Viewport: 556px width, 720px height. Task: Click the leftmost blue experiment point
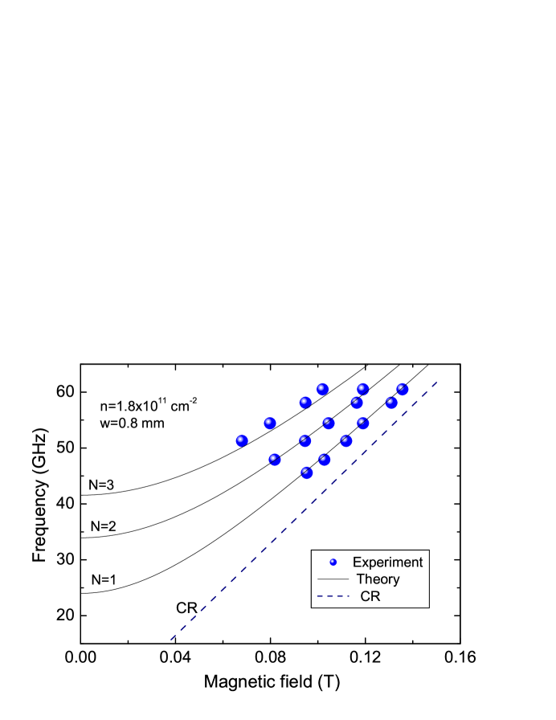(x=242, y=440)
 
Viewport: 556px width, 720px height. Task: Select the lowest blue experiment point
(x=307, y=473)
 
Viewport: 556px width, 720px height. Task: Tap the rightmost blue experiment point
(x=403, y=390)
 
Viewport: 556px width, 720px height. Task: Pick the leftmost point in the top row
(x=322, y=389)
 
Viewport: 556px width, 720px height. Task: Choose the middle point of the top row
(x=362, y=389)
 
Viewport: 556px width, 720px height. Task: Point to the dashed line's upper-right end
(x=436, y=382)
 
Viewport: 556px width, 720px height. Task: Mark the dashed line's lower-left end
(x=170, y=640)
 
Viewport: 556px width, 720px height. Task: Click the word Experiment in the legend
(x=387, y=562)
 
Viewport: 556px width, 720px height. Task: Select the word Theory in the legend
(x=378, y=579)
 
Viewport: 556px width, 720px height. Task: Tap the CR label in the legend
(x=370, y=596)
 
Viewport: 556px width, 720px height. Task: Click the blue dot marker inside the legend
(x=333, y=562)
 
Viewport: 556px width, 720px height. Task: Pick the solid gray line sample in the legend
(x=333, y=579)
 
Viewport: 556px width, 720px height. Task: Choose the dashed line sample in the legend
(x=333, y=596)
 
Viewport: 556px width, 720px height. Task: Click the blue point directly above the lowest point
(x=305, y=440)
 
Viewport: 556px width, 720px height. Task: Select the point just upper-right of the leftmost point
(x=270, y=423)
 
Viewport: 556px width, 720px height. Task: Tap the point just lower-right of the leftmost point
(x=275, y=460)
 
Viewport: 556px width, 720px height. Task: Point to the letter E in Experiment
(x=357, y=562)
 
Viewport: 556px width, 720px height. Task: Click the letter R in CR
(x=375, y=596)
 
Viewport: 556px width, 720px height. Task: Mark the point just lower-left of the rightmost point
(x=392, y=403)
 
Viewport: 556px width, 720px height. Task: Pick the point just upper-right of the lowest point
(x=325, y=460)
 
